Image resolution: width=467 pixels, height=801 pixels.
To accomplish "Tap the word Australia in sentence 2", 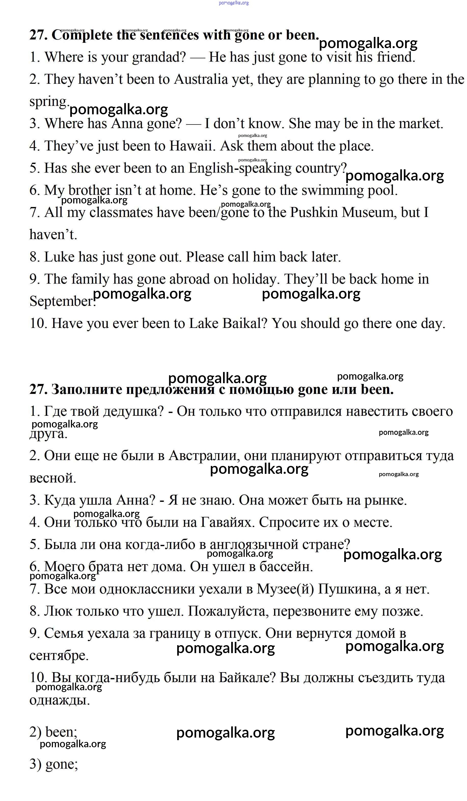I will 201,79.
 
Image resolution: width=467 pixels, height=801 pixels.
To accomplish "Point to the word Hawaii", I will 192,146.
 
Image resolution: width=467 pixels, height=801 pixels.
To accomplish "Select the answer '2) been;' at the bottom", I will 53,732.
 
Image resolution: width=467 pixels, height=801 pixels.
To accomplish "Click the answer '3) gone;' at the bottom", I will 53,764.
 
